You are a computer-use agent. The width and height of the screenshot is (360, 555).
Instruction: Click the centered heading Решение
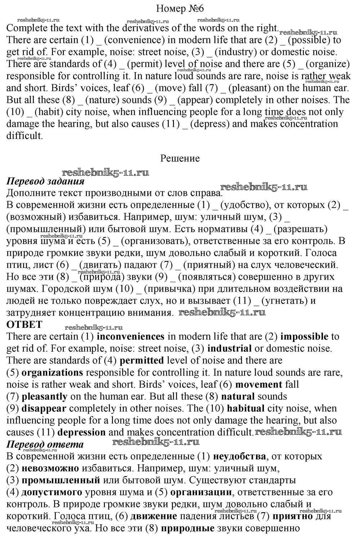(x=180, y=158)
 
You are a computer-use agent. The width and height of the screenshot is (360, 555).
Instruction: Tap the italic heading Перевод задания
(x=45, y=181)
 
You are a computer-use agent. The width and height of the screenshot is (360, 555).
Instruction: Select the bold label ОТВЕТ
(x=24, y=325)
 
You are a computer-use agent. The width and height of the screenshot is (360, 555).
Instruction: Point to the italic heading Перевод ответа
(x=45, y=445)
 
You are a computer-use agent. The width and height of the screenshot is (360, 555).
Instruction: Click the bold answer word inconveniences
(x=131, y=337)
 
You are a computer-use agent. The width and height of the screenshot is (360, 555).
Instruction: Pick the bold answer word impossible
(x=304, y=337)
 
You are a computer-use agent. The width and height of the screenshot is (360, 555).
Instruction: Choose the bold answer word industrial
(x=230, y=349)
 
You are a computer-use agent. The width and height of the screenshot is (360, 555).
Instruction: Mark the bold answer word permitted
(x=141, y=361)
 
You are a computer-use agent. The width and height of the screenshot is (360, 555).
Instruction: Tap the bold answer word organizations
(x=52, y=373)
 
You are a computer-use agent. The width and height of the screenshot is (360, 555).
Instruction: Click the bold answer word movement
(x=259, y=384)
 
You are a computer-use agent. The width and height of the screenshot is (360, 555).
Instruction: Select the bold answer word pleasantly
(x=44, y=397)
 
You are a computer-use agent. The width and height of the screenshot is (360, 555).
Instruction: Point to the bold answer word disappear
(x=44, y=409)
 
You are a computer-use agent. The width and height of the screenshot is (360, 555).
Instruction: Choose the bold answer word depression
(x=81, y=432)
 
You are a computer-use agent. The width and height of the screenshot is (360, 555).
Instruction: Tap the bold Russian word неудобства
(x=239, y=456)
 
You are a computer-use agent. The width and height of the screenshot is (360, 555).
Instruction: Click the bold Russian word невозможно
(x=50, y=468)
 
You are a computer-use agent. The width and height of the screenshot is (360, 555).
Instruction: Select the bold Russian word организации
(x=201, y=492)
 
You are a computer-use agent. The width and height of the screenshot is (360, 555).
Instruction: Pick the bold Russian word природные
(x=187, y=528)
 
